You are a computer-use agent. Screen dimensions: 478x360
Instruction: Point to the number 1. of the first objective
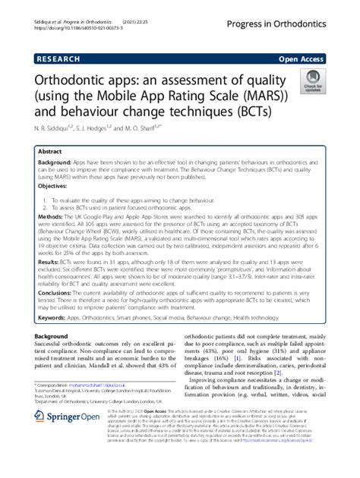point(46,197)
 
